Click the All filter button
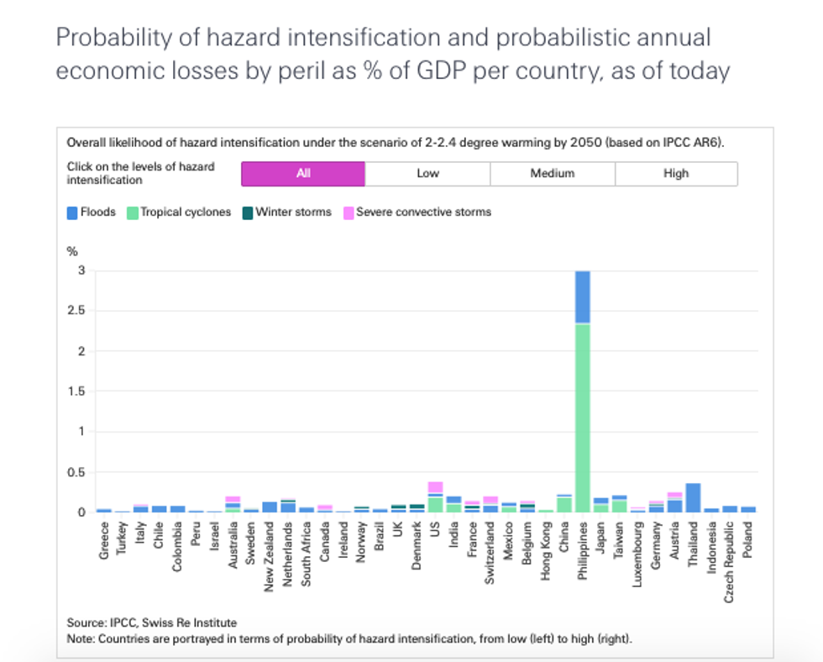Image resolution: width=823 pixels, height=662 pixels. pyautogui.click(x=303, y=174)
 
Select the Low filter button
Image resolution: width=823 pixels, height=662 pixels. pyautogui.click(x=427, y=174)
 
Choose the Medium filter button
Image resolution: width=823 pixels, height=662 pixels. pyautogui.click(x=552, y=174)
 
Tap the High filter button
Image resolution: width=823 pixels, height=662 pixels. pyautogui.click(x=676, y=174)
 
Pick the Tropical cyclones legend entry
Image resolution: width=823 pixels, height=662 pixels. pyautogui.click(x=179, y=213)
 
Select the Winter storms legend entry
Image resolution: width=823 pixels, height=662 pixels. pyautogui.click(x=287, y=213)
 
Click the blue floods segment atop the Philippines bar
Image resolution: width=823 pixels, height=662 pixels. pyautogui.click(x=583, y=297)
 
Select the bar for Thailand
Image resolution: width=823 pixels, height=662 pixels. pyautogui.click(x=693, y=497)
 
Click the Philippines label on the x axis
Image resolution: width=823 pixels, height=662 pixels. pyautogui.click(x=583, y=547)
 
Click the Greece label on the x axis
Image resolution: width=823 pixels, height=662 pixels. pyautogui.click(x=104, y=537)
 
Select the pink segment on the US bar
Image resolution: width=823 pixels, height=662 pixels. pyautogui.click(x=435, y=487)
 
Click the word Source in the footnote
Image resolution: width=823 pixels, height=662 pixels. pyautogui.click(x=86, y=623)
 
